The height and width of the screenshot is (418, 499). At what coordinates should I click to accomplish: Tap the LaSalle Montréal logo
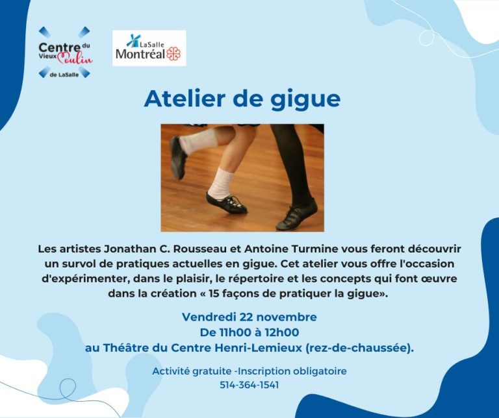click(149, 48)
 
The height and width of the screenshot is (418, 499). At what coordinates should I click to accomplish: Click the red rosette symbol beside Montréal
click(173, 53)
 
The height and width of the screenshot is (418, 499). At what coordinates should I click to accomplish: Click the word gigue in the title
click(305, 100)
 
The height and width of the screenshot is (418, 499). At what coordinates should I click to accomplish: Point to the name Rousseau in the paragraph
click(201, 249)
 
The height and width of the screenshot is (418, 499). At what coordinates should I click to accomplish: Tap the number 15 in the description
click(213, 293)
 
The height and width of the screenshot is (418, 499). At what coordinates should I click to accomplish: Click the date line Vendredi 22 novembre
click(249, 317)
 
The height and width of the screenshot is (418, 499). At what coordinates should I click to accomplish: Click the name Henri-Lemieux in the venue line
click(259, 348)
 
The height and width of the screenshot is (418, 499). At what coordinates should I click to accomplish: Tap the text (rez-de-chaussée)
click(359, 348)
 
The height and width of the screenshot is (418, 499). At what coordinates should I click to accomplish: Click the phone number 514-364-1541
click(249, 385)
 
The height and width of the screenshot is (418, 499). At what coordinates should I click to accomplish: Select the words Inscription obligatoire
click(292, 371)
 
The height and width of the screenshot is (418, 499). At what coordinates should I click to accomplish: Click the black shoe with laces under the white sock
click(226, 203)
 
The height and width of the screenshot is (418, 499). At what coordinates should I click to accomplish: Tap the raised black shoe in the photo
click(178, 157)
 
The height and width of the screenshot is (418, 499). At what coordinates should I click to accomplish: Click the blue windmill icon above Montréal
click(133, 41)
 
